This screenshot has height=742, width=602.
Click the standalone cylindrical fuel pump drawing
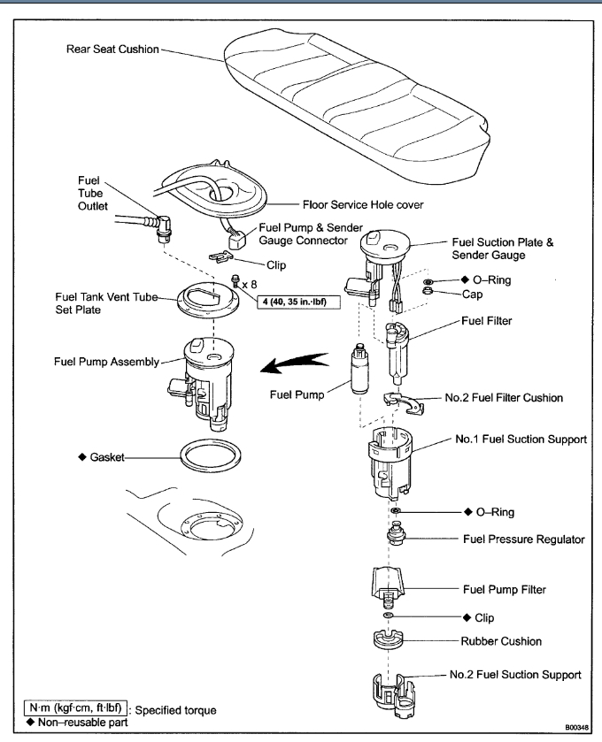coord(361,371)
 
